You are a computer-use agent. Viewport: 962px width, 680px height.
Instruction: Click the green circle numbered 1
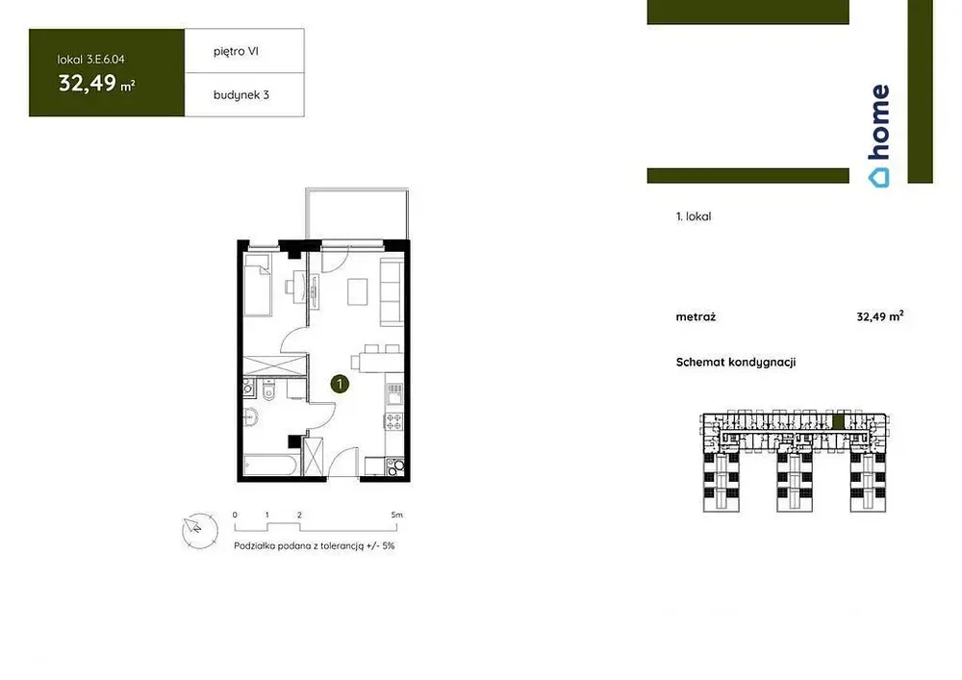pyautogui.click(x=340, y=384)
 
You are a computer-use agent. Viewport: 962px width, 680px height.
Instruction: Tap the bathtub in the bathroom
pyautogui.click(x=271, y=465)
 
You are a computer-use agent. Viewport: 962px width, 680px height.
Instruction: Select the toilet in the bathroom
pyautogui.click(x=268, y=390)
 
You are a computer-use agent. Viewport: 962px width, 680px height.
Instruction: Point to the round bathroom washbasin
pyautogui.click(x=250, y=416)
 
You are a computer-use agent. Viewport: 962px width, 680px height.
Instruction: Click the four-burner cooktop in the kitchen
pyautogui.click(x=393, y=420)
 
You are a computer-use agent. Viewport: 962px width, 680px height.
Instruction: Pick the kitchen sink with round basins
pyautogui.click(x=395, y=466)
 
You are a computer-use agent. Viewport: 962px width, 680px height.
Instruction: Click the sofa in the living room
pyautogui.click(x=392, y=291)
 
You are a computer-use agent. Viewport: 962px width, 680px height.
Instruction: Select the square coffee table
pyautogui.click(x=358, y=291)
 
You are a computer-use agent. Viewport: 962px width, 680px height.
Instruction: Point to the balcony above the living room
pyautogui.click(x=357, y=214)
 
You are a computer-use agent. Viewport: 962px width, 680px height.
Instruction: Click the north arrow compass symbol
pyautogui.click(x=200, y=530)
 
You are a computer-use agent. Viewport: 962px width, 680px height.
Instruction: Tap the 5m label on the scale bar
pyautogui.click(x=397, y=516)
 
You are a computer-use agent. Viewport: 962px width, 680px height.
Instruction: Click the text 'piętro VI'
pyautogui.click(x=236, y=52)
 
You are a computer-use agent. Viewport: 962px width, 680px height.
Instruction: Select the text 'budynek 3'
pyautogui.click(x=241, y=95)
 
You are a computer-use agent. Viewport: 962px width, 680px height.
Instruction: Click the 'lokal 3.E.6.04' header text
pyautogui.click(x=90, y=60)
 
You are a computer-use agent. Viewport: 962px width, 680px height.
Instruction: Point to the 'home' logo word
pyautogui.click(x=880, y=122)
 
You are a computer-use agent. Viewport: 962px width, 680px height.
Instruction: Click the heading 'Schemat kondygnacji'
pyautogui.click(x=736, y=363)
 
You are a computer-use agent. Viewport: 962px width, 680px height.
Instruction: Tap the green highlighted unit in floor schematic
pyautogui.click(x=838, y=422)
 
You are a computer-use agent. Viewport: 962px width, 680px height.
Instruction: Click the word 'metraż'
pyautogui.click(x=696, y=317)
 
